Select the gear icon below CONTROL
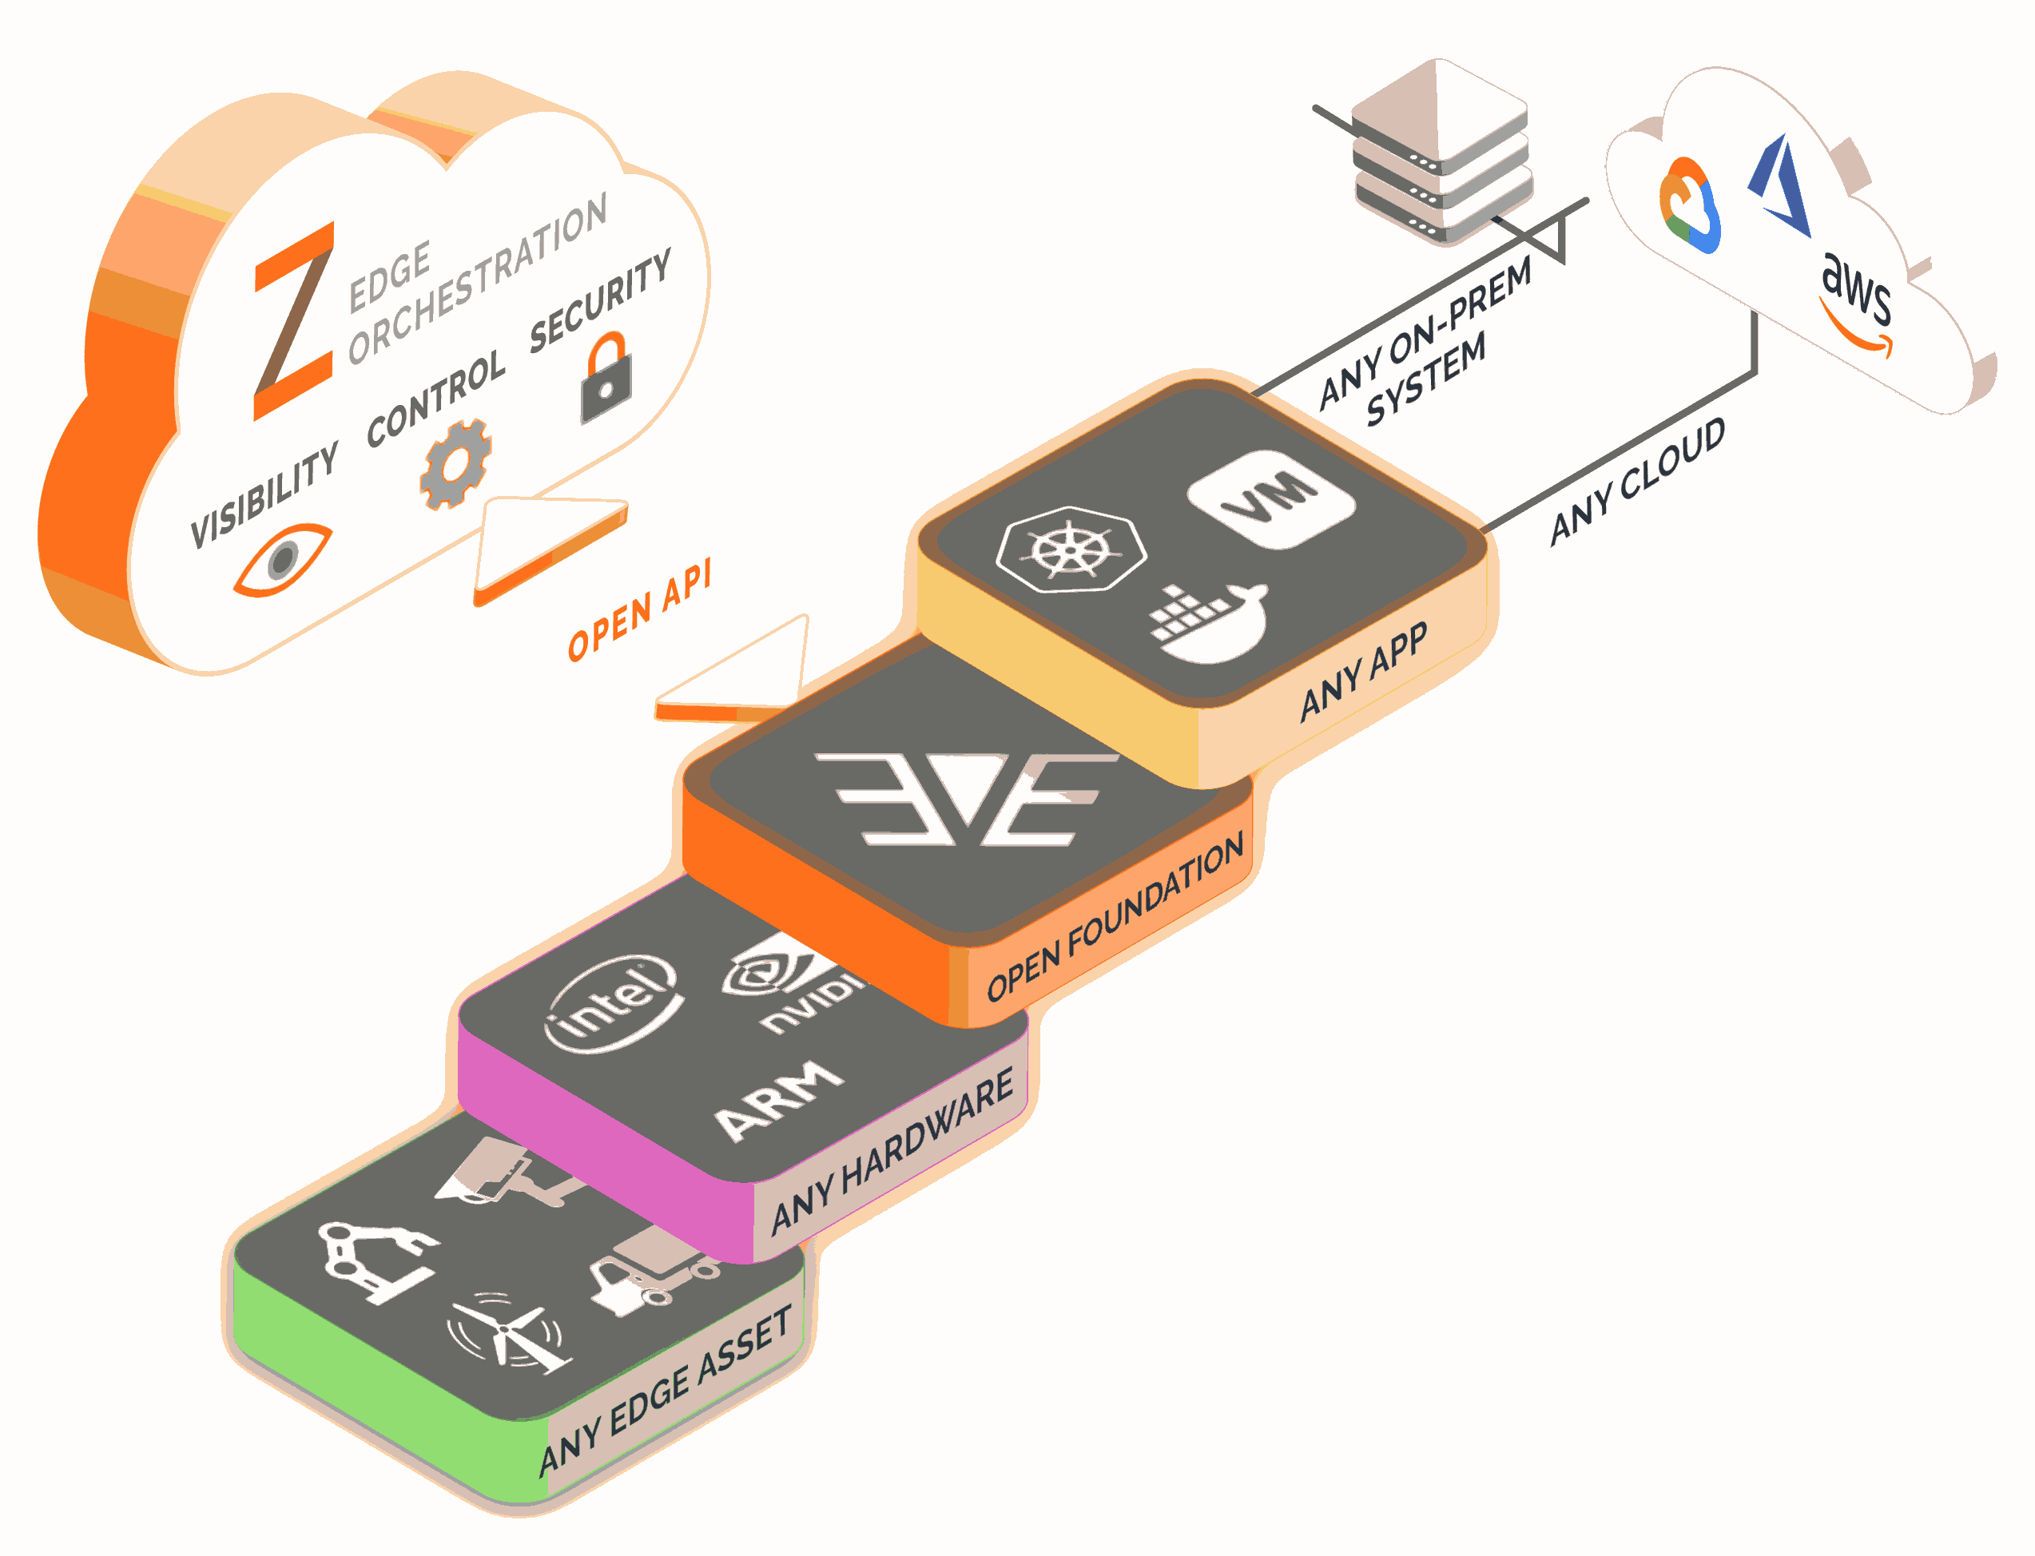coord(455,464)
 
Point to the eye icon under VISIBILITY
coord(281,558)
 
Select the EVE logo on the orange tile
coord(966,800)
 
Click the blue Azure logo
coord(1781,185)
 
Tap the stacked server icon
coord(1441,153)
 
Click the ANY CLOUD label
coord(1639,481)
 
